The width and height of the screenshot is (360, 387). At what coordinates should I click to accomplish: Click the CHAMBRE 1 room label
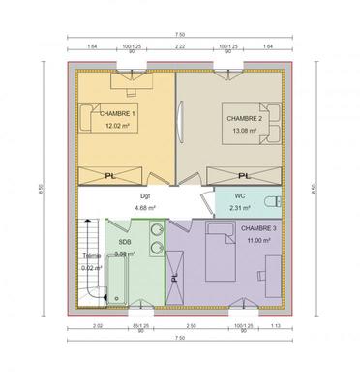pos(118,114)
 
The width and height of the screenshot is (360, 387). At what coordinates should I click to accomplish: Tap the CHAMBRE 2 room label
pos(243,118)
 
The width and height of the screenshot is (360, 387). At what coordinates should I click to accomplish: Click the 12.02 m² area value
pos(118,127)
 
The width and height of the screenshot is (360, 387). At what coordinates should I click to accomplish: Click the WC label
pos(238,196)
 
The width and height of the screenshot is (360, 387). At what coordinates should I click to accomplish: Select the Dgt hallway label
pos(144,196)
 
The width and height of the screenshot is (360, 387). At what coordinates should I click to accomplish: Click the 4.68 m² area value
pos(145,208)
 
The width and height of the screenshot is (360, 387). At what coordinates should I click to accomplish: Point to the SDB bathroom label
pos(125,242)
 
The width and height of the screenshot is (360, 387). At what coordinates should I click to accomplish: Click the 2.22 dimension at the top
pos(180,45)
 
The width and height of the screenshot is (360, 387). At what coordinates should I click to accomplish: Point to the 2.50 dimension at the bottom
pos(191,326)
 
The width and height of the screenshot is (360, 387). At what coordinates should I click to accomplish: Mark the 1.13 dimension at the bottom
pos(276,326)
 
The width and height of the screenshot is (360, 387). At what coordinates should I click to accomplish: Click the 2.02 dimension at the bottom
pos(97,326)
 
